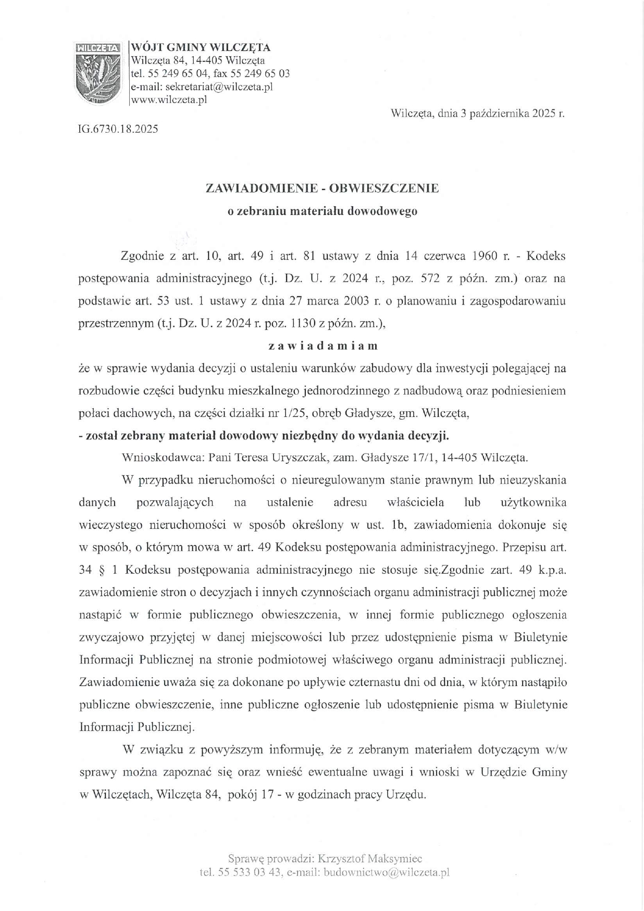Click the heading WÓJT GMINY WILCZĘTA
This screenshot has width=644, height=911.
[201, 47]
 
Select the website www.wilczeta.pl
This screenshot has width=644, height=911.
[169, 99]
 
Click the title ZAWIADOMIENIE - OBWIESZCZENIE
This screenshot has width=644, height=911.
[323, 188]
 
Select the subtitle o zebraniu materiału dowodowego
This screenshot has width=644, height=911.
[323, 211]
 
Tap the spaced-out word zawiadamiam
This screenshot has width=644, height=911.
[323, 346]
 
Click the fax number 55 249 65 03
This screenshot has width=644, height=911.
[260, 73]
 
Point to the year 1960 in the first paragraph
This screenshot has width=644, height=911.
[485, 256]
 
